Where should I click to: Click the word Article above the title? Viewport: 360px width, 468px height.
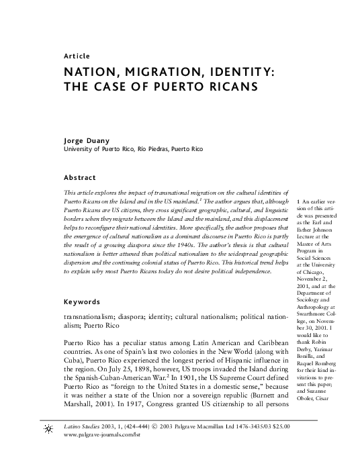point(77,56)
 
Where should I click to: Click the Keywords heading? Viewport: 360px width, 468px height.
point(83,301)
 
